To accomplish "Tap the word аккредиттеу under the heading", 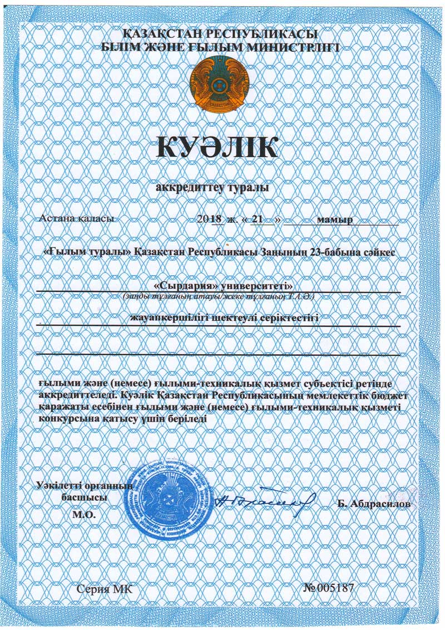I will click(x=187, y=188).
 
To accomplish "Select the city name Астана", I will click(x=56, y=218).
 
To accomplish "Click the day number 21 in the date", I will click(x=257, y=219).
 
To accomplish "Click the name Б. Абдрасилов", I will click(x=374, y=504).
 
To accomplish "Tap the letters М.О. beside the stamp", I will click(x=84, y=514).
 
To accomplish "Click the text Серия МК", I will click(x=105, y=588).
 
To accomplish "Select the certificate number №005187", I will click(x=329, y=588).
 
